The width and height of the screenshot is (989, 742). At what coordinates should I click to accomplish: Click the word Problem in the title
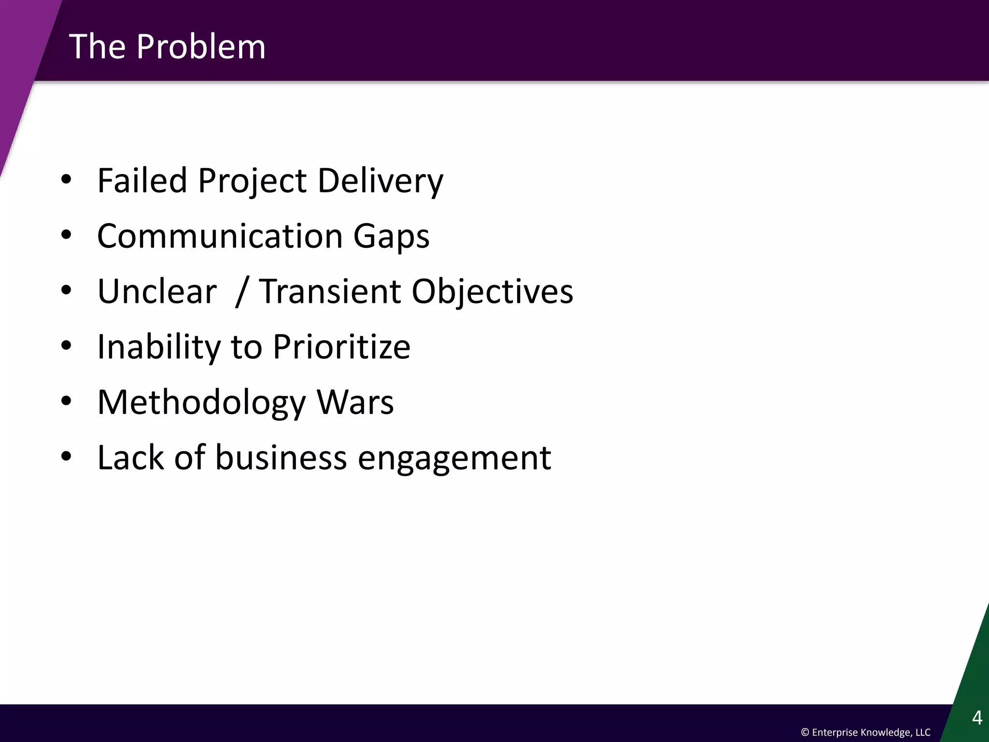pos(200,47)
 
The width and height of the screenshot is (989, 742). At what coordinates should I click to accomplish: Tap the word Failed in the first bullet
pos(142,180)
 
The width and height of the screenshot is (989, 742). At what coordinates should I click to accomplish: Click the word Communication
pos(220,236)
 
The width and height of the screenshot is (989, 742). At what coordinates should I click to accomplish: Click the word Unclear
pos(157,291)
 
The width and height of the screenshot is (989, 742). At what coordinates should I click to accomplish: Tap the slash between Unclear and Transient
pos(241,292)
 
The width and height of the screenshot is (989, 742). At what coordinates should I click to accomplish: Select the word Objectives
pos(492,292)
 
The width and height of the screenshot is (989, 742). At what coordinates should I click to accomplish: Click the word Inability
pos(158,347)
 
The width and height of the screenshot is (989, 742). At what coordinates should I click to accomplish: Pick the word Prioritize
pos(341,347)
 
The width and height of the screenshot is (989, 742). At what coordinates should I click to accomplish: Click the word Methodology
pos(201,403)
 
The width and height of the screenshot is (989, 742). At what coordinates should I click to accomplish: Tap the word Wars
pos(355,402)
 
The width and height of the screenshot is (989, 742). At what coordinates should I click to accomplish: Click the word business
pos(281,457)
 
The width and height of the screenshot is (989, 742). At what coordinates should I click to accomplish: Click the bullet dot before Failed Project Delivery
pos(66,180)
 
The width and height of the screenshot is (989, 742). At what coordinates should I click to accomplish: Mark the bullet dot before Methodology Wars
pos(66,401)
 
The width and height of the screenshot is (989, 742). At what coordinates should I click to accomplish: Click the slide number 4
pos(977,718)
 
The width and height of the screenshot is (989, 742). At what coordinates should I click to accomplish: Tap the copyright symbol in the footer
pos(805,732)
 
